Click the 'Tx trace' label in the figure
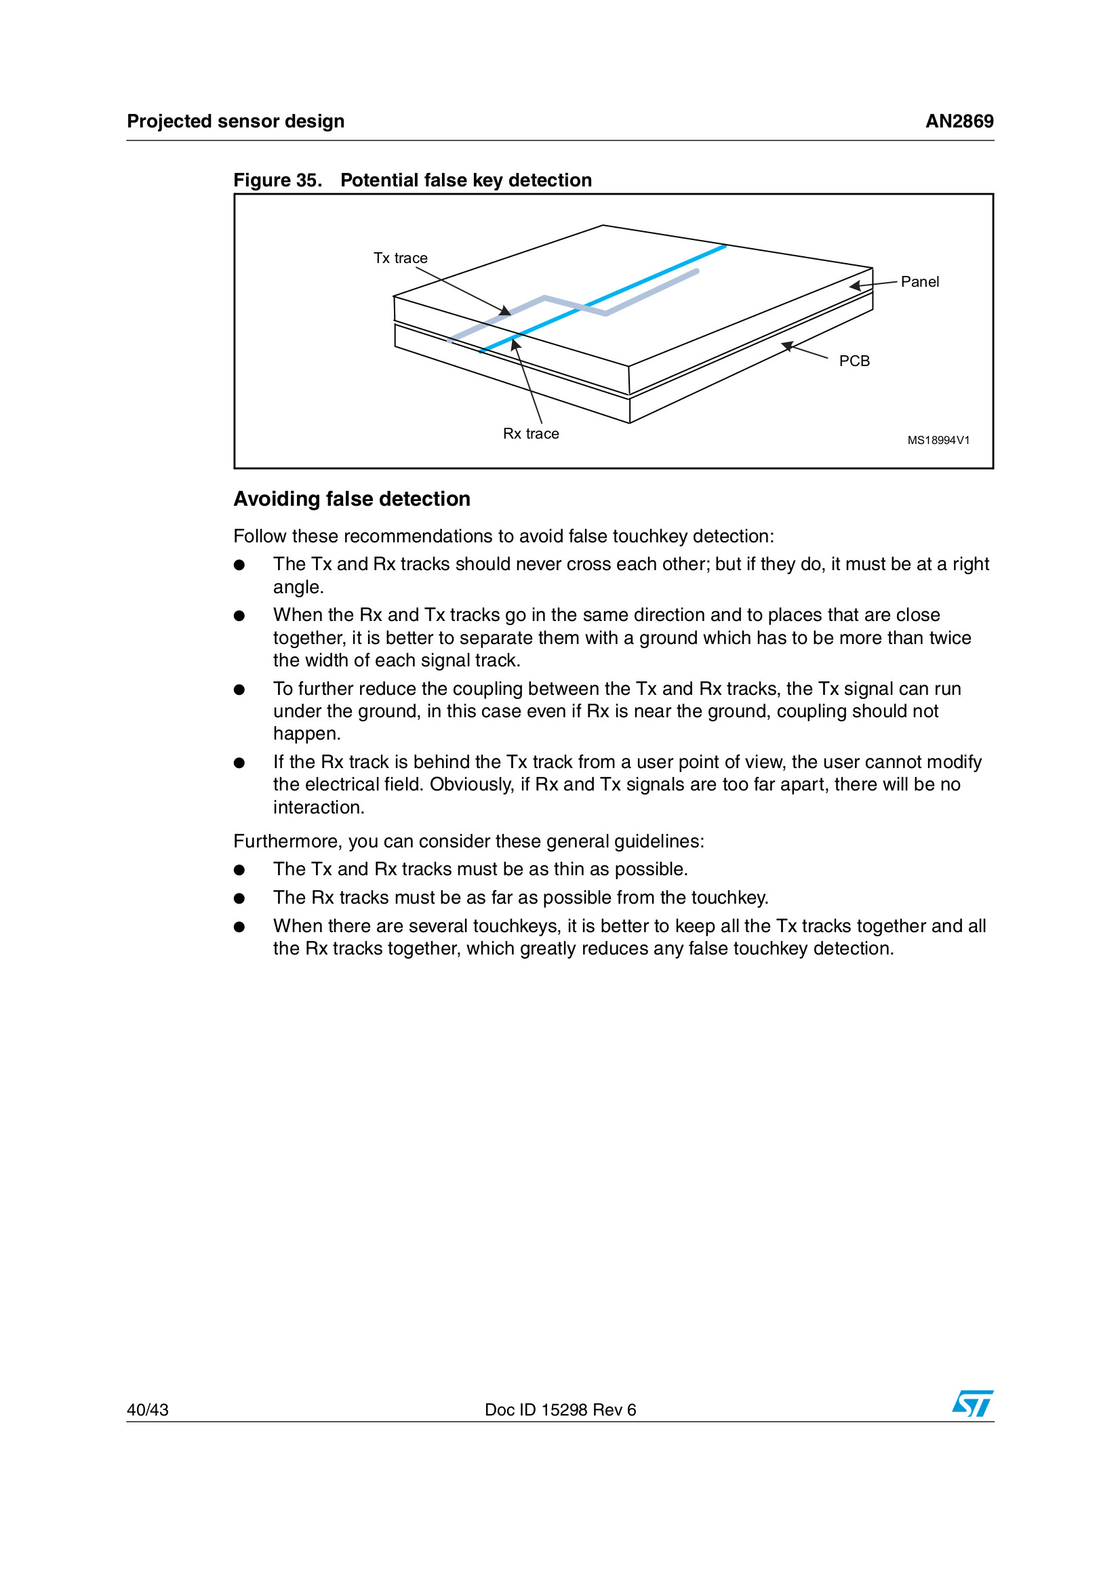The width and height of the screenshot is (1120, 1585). [x=401, y=258]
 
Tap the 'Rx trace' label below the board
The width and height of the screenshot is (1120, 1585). [x=530, y=433]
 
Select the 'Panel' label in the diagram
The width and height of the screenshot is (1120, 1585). [x=919, y=281]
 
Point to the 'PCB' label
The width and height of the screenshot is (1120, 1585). [x=854, y=361]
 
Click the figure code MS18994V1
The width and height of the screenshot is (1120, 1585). [x=938, y=441]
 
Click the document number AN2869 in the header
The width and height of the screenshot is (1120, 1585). [x=959, y=121]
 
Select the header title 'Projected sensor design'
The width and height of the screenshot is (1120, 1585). [x=235, y=121]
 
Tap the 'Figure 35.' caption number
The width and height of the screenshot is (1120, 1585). [x=277, y=180]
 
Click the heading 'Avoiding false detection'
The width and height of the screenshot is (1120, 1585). [x=351, y=499]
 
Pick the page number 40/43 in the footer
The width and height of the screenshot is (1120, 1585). [x=148, y=1409]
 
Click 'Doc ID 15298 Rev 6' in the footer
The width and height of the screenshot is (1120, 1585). [x=560, y=1409]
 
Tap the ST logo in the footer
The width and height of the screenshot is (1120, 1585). [x=972, y=1403]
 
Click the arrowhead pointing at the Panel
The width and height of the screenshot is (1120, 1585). [x=855, y=286]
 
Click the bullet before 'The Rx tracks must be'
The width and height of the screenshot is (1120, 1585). [x=239, y=898]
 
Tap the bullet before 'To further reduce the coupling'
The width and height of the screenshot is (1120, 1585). [x=239, y=689]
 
